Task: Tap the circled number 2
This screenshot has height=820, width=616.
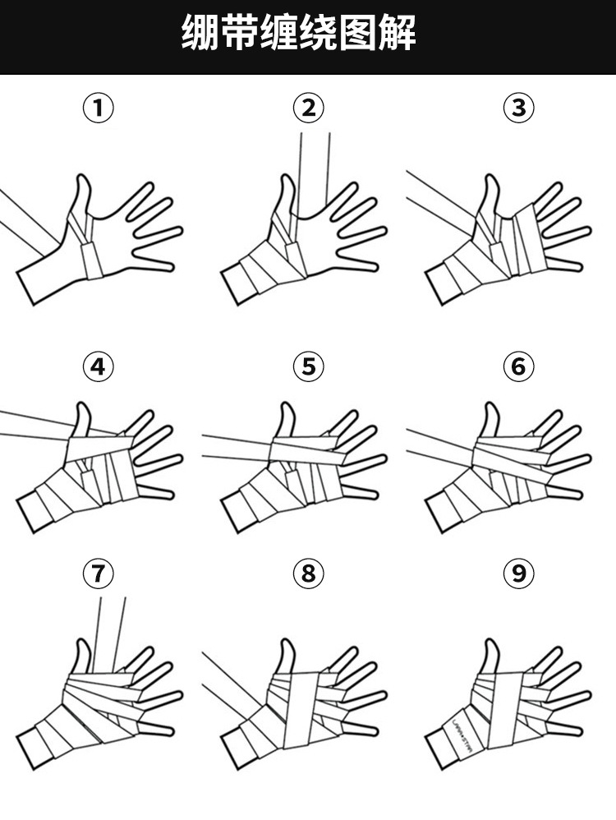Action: tap(308, 108)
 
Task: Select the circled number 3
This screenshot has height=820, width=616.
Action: tap(518, 108)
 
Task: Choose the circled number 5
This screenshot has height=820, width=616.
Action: tap(308, 366)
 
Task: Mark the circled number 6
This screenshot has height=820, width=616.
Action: tap(518, 366)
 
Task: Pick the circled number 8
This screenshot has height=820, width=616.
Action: tap(308, 574)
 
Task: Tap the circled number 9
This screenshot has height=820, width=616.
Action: tap(518, 574)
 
